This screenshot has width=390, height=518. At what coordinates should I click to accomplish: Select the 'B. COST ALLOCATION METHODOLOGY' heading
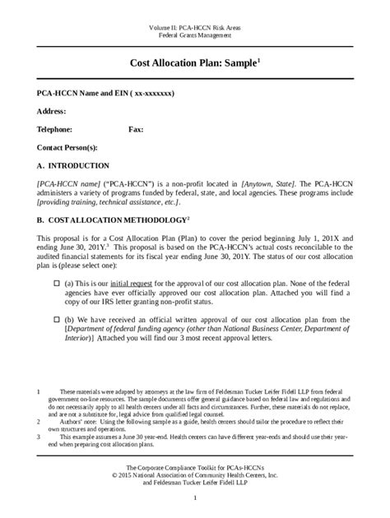(100, 221)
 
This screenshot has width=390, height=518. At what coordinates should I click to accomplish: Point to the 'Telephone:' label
(55, 129)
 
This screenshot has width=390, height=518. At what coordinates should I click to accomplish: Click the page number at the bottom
(195, 499)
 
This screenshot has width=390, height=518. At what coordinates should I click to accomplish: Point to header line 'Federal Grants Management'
(194, 36)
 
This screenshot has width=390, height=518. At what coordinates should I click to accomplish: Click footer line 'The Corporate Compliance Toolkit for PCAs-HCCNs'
(194, 466)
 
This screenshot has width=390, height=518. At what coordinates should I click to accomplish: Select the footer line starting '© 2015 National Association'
(194, 474)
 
